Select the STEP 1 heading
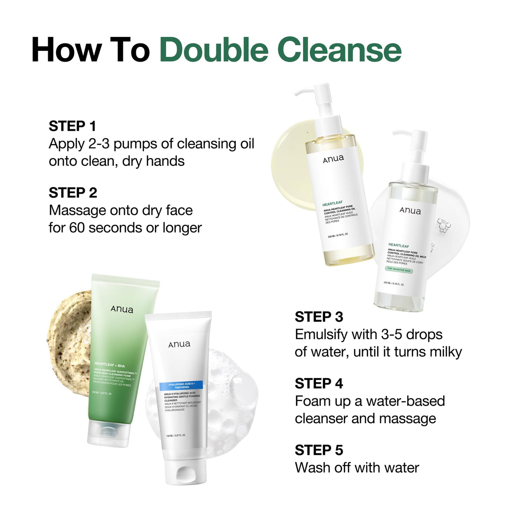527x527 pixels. pyautogui.click(x=72, y=126)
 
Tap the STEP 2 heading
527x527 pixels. pyautogui.click(x=72, y=193)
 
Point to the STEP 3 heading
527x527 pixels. pyautogui.click(x=319, y=317)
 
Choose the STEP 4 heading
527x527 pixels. pyautogui.click(x=319, y=384)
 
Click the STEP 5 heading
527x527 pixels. pyautogui.click(x=319, y=450)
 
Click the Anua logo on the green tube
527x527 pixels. pyautogui.click(x=122, y=309)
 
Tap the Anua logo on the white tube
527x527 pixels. pyautogui.click(x=179, y=344)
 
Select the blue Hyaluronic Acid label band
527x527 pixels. pyautogui.click(x=181, y=385)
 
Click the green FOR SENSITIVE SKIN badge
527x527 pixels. pyautogui.click(x=399, y=270)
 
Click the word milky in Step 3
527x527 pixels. pyautogui.click(x=445, y=352)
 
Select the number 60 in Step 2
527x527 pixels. pyautogui.click(x=77, y=228)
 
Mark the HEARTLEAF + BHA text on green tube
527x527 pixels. pyautogui.click(x=109, y=365)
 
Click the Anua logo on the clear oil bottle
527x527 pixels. pyautogui.click(x=410, y=211)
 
